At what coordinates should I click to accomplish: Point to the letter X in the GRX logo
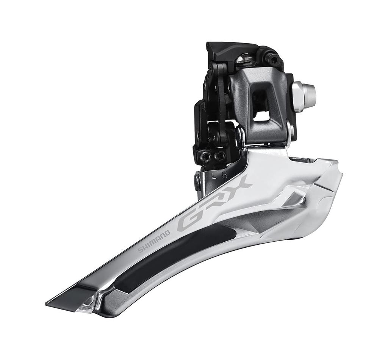239,184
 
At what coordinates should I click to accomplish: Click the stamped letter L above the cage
214,176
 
